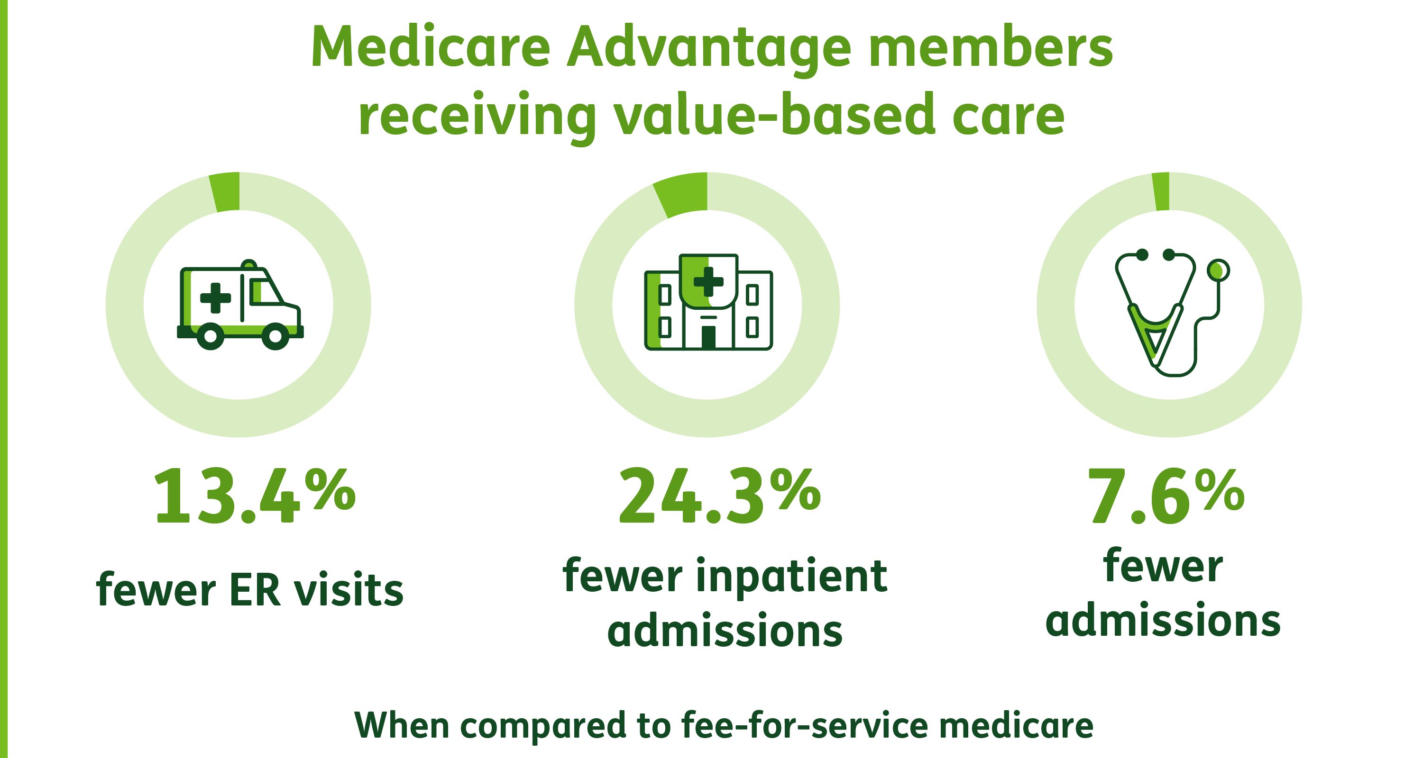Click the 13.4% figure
[254, 495]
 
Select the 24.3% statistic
[719, 495]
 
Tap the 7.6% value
[1166, 495]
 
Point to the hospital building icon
[708, 301]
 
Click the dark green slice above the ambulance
[225, 191]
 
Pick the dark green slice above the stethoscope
[1161, 191]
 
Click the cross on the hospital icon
[708, 281]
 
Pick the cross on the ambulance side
[215, 298]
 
